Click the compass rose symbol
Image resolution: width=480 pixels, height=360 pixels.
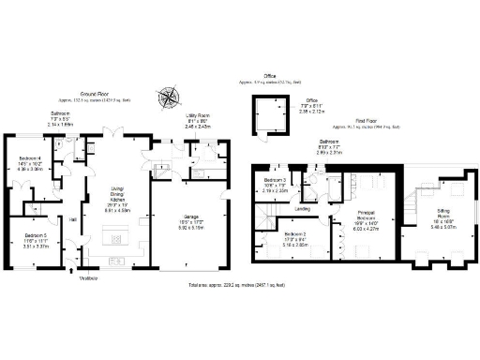tap(167, 96)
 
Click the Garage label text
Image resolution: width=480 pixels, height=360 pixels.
tap(191, 223)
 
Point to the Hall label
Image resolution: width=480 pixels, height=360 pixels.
tap(73, 219)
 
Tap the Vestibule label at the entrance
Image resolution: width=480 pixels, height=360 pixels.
tap(89, 277)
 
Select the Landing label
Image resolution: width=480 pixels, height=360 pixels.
tap(303, 208)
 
